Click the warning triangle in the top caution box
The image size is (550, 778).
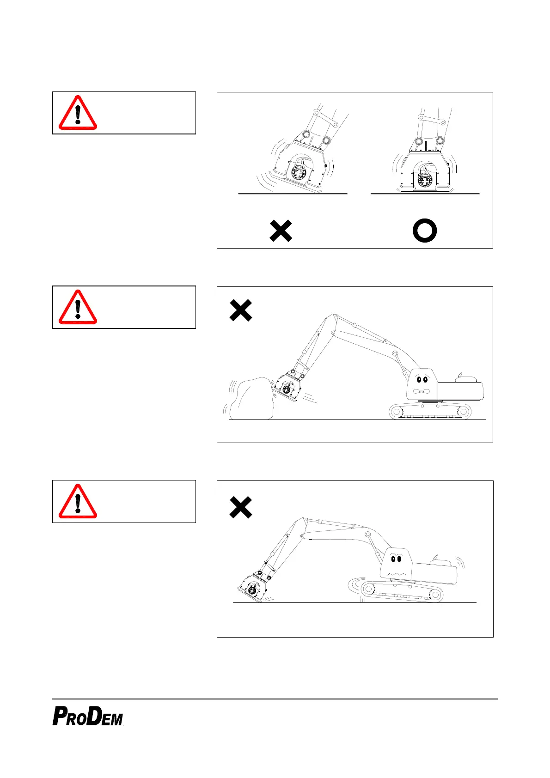78,113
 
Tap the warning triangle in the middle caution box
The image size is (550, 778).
78,308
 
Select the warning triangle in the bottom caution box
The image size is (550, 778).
78,502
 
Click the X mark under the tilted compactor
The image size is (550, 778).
281,231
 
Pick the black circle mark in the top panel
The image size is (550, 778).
424,231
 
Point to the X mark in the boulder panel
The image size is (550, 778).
241,310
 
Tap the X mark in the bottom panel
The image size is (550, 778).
241,507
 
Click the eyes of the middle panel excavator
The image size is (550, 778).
422,380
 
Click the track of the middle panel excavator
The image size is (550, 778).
430,411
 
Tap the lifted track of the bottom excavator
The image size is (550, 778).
401,591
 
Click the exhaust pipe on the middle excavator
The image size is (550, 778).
458,373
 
